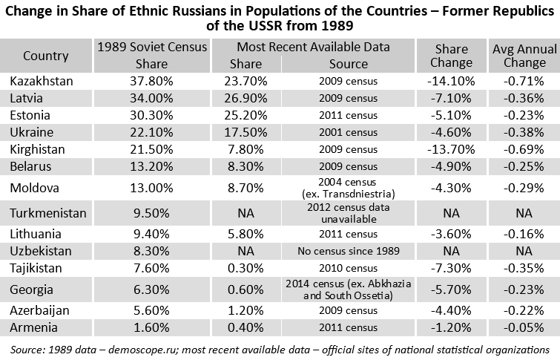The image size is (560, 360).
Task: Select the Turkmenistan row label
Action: [48, 213]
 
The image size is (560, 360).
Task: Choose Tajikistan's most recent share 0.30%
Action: [246, 267]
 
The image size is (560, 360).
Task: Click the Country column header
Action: [46, 56]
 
